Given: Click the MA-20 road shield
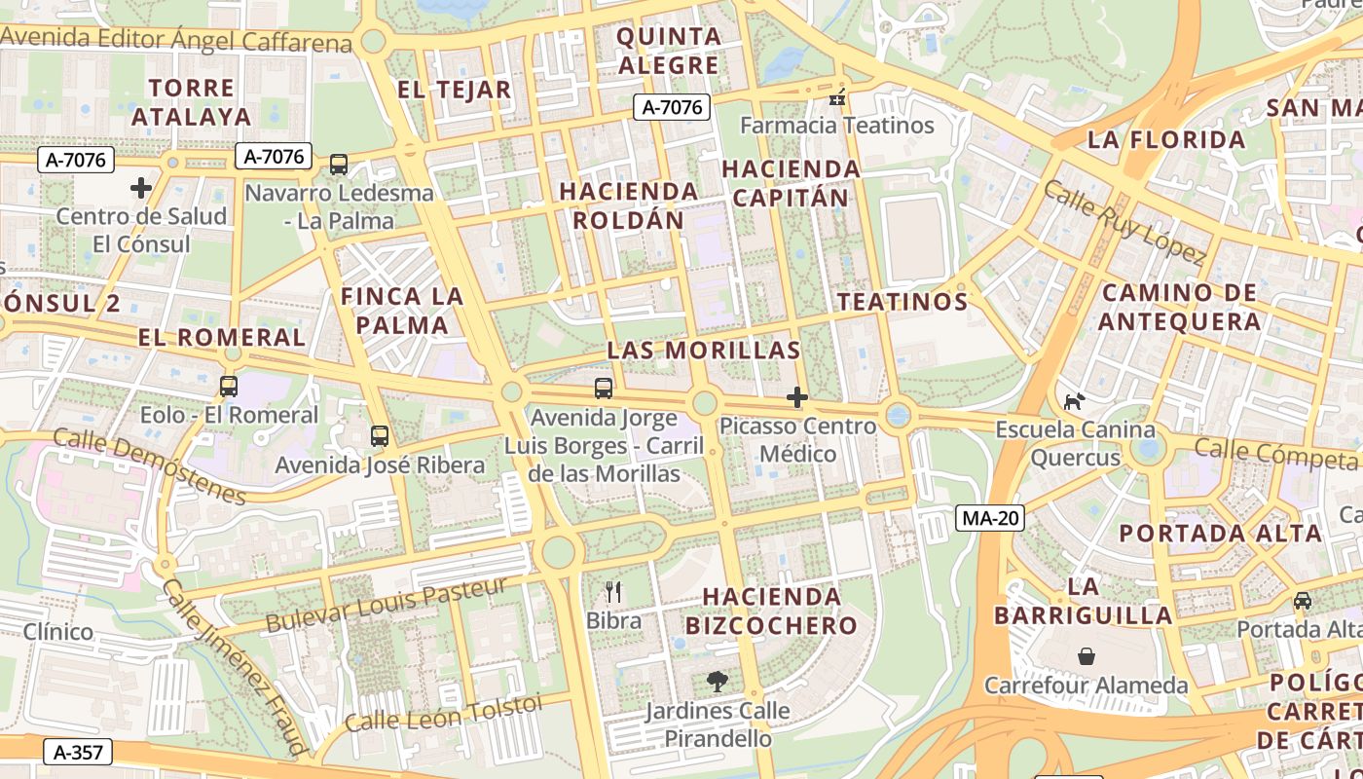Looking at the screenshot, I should [x=990, y=518].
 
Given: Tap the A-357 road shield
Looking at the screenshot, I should [x=78, y=752].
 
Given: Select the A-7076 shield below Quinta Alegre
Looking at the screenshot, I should [x=672, y=107].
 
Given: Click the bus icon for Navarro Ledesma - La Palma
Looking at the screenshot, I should [x=339, y=165].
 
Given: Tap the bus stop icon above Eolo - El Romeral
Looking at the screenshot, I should [x=229, y=387].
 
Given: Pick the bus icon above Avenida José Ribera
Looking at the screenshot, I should [x=380, y=436].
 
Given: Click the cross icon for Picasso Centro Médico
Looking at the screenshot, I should [x=797, y=397].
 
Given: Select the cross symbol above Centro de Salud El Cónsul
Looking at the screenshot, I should [x=141, y=187].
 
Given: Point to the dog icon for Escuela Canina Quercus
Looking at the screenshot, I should [x=1074, y=401].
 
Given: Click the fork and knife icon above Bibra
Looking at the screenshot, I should [x=613, y=592].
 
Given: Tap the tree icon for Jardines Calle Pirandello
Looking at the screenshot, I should [x=718, y=682].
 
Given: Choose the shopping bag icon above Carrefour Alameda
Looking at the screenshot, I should [x=1087, y=656].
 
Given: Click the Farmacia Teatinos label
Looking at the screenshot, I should [x=837, y=126].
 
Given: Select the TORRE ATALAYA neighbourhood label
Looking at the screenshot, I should [x=191, y=102].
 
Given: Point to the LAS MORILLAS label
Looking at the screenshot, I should [x=704, y=351].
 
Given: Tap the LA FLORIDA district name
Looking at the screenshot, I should [x=1166, y=139].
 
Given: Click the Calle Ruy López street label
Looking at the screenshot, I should [x=1124, y=221].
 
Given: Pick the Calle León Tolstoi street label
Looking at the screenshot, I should [x=443, y=713].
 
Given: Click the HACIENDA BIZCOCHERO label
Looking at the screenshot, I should [x=771, y=611].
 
